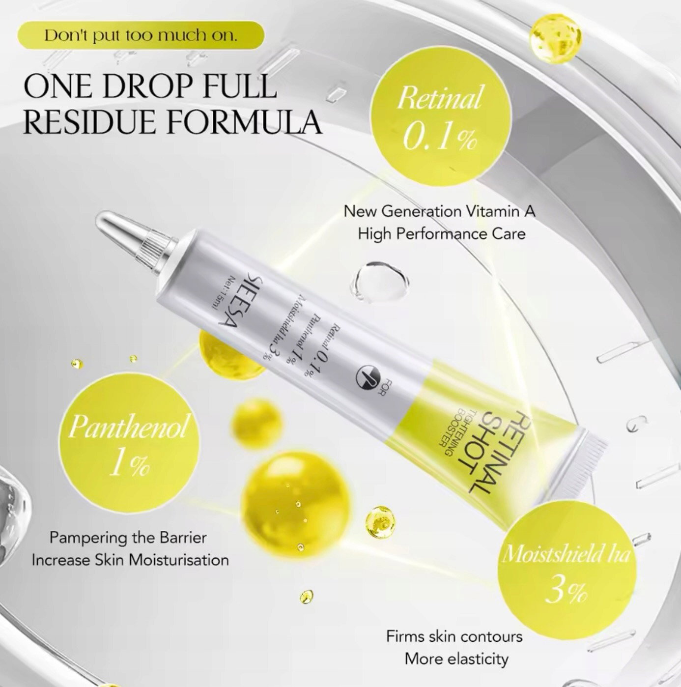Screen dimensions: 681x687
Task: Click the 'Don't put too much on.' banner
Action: click(x=141, y=36)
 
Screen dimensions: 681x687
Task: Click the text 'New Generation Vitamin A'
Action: click(x=439, y=212)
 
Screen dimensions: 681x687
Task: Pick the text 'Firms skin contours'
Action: click(x=454, y=627)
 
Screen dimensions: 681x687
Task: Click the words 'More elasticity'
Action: click(x=456, y=650)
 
